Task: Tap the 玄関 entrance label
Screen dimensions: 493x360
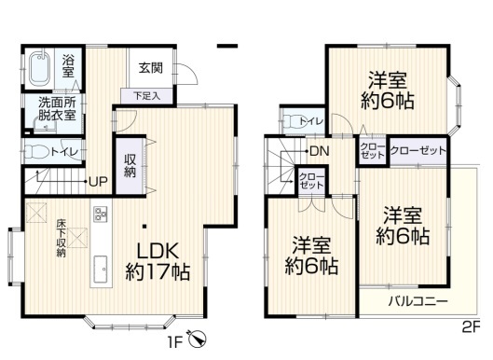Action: click(x=151, y=68)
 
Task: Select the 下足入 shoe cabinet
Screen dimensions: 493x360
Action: click(x=147, y=96)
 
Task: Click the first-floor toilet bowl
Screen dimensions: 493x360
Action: click(x=36, y=151)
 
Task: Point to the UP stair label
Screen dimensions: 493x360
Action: click(x=98, y=182)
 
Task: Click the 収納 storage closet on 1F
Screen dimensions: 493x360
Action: click(x=130, y=165)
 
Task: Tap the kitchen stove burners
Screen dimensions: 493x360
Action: click(x=101, y=214)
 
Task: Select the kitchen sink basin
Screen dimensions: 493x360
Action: click(x=100, y=269)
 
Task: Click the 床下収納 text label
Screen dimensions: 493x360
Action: click(x=61, y=238)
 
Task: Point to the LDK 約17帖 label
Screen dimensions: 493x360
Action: click(x=157, y=261)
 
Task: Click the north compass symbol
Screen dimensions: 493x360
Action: click(x=198, y=339)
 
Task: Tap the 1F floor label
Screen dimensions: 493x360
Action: click(x=174, y=342)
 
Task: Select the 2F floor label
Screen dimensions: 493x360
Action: click(x=472, y=328)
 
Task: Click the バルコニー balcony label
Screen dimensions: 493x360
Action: click(x=418, y=301)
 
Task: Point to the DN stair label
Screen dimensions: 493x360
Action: click(x=320, y=152)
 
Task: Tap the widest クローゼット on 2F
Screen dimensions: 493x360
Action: click(x=418, y=151)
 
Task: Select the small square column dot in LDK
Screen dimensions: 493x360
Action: click(x=144, y=226)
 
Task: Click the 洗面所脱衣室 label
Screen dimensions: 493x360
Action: click(x=57, y=109)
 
